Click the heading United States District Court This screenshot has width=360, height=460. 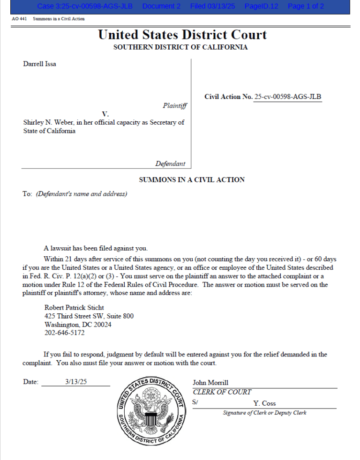182,35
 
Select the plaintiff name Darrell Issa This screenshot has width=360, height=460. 39,64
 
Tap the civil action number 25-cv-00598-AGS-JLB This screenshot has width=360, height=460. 288,97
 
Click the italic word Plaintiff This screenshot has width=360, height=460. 174,106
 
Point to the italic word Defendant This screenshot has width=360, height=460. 170,164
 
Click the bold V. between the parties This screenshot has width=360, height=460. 105,114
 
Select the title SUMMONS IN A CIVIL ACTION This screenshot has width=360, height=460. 192,180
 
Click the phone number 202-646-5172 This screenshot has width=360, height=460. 65,333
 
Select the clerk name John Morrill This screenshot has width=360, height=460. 210,383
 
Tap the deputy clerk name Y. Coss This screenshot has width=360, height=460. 264,403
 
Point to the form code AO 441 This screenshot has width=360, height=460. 18,19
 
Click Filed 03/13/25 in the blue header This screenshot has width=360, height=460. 213,6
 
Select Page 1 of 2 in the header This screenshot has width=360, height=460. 306,6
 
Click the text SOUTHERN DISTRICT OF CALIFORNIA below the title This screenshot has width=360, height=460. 180,47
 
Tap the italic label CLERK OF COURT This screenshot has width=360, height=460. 222,392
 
